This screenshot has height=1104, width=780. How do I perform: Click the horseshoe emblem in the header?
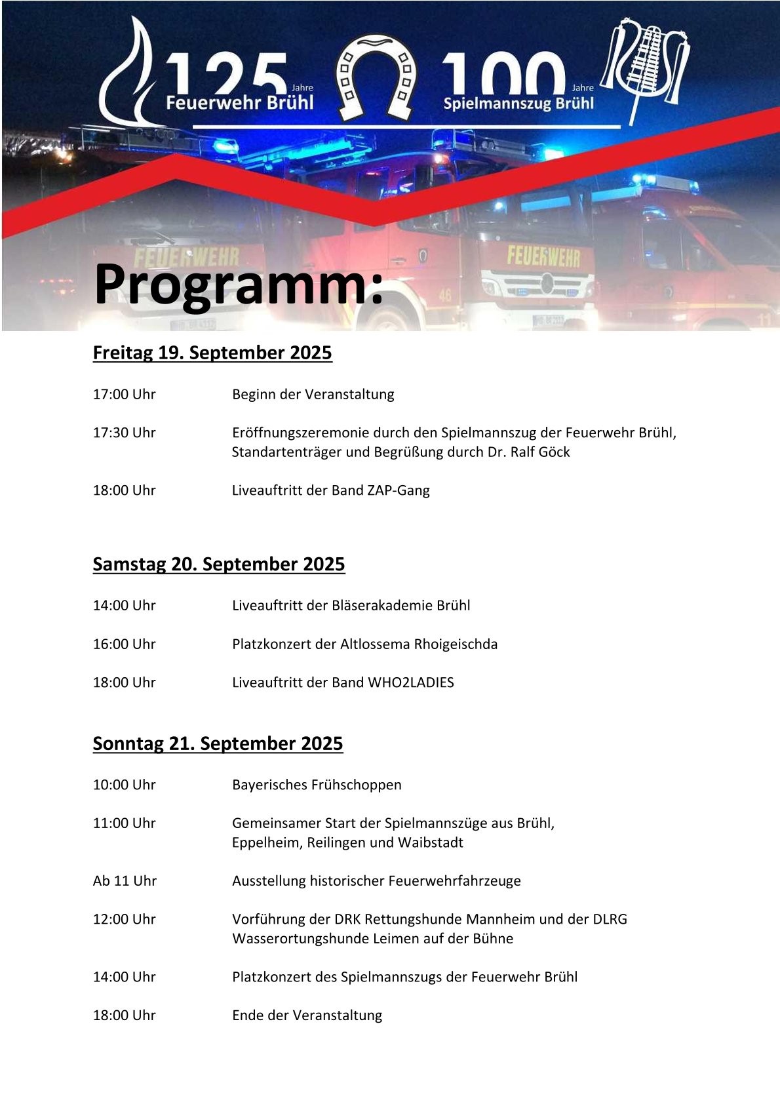click(x=376, y=77)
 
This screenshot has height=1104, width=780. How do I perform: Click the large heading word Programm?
click(x=239, y=285)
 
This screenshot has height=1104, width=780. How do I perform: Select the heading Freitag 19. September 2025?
click(x=212, y=353)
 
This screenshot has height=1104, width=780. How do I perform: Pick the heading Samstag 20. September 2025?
click(x=219, y=564)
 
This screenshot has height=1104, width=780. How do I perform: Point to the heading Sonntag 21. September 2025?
click(x=218, y=743)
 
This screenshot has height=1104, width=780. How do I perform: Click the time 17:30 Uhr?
click(x=125, y=433)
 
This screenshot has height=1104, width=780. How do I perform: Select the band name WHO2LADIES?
click(x=411, y=682)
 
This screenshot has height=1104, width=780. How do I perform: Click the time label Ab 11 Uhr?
click(x=125, y=881)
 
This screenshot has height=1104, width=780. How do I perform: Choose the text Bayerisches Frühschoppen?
click(x=317, y=785)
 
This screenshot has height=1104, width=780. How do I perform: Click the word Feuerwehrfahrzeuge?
click(x=453, y=881)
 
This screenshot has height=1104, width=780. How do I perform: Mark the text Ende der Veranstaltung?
click(x=307, y=1015)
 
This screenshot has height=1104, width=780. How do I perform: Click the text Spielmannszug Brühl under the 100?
click(x=518, y=104)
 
